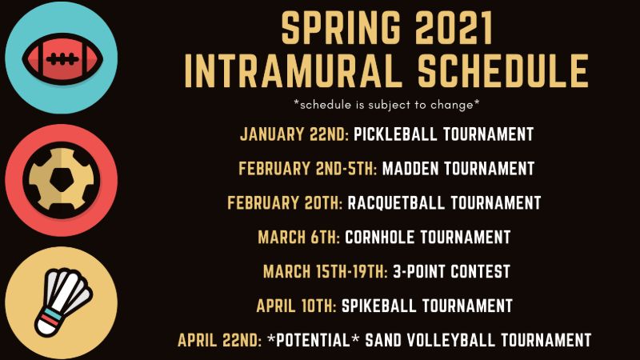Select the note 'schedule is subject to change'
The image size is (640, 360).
coord(387,104)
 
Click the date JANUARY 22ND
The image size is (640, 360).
coord(294,134)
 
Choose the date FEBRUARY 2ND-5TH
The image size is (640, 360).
coord(308,169)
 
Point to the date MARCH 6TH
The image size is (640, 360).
coord(299,238)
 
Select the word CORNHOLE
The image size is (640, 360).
coord(382,238)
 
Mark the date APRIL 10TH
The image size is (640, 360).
coord(296,306)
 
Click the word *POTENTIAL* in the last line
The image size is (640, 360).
coord(313,341)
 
